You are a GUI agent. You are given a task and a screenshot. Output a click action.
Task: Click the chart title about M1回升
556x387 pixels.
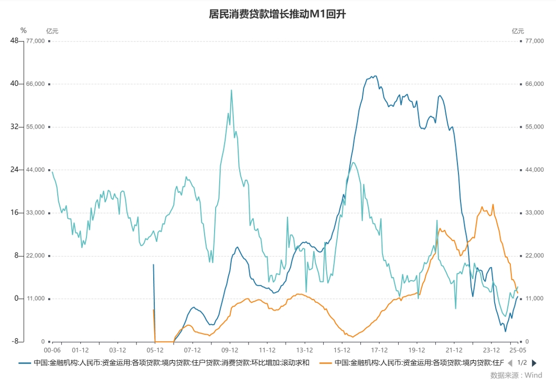pos(277,14)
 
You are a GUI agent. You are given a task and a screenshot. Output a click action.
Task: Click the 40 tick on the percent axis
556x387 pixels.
pos(14,84)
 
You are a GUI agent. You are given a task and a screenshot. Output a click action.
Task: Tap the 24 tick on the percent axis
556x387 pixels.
pos(14,170)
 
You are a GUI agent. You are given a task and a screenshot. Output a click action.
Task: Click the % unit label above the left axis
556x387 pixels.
pos(23,30)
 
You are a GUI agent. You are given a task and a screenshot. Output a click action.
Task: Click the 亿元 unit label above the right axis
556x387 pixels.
pos(518,31)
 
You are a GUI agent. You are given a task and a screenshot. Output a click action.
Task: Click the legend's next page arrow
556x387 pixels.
pos(534,363)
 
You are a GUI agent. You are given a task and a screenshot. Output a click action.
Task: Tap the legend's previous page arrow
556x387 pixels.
pos(509,363)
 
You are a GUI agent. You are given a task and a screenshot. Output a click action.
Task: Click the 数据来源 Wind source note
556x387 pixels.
pos(516,375)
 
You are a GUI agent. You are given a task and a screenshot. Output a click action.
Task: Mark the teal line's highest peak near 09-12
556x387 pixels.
pos(231,90)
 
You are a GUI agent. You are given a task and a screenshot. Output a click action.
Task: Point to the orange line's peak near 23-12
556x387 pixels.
pos(493,205)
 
